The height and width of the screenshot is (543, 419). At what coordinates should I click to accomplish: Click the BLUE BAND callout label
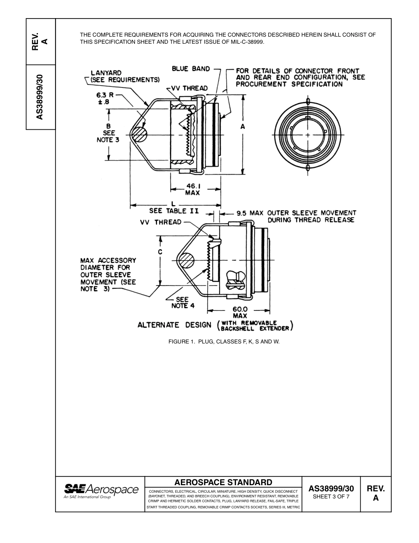[x=186, y=69]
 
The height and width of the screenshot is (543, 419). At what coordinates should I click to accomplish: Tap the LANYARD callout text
[x=106, y=73]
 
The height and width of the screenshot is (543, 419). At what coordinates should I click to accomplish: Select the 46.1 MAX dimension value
[x=192, y=189]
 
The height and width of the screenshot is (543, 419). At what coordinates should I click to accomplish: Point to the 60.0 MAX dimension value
[x=240, y=313]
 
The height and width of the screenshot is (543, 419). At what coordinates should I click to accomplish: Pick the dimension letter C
[x=161, y=252]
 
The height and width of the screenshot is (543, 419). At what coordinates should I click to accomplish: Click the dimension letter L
[x=173, y=204]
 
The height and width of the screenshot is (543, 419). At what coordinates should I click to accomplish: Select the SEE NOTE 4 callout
[x=180, y=302]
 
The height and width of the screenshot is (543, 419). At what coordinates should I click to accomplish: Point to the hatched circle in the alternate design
[x=187, y=260]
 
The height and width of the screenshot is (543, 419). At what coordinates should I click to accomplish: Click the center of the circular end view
[x=307, y=135]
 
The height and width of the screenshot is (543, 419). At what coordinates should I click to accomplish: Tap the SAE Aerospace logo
[x=101, y=491]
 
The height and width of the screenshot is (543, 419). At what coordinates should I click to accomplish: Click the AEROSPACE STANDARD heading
[x=223, y=482]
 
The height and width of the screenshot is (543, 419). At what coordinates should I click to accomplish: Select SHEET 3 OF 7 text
[x=331, y=497]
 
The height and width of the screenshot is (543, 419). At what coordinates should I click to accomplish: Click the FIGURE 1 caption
[x=224, y=342]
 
